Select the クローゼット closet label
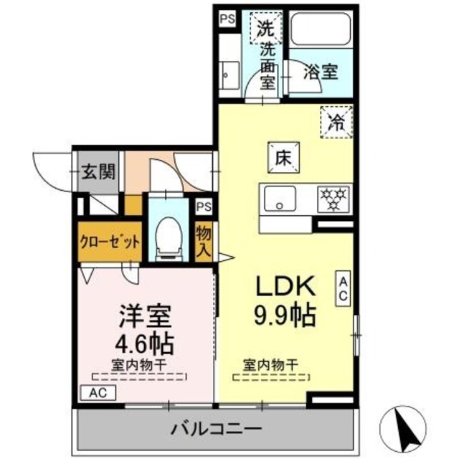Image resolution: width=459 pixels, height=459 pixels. coord(110,242)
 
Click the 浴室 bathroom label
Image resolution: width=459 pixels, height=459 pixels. coord(319,72)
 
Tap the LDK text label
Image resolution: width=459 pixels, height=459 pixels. coord(285,286)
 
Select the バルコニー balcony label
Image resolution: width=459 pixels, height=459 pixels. coord(215,430)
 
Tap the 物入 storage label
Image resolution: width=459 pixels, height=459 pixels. coord(204,242)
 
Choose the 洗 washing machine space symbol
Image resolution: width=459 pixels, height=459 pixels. coord(265,30)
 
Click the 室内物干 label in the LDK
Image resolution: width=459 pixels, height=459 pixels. coord(270,365)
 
